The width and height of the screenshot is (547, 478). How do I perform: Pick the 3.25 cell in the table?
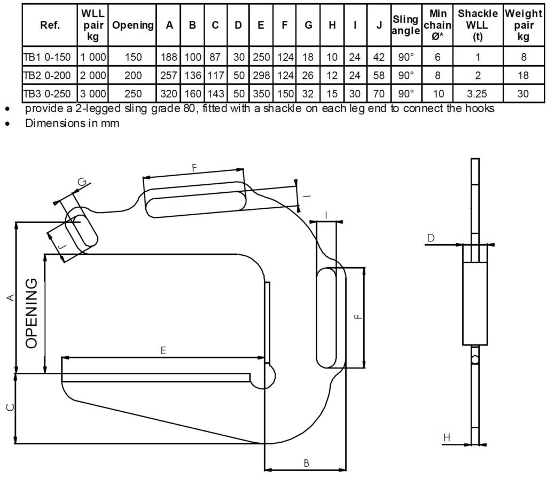click(x=477, y=94)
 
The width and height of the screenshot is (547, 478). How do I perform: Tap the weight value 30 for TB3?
click(x=523, y=94)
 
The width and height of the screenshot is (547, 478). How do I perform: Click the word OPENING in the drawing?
click(x=32, y=313)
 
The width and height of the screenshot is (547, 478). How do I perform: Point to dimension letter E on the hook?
click(x=163, y=350)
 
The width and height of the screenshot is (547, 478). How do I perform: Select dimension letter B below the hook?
click(x=306, y=463)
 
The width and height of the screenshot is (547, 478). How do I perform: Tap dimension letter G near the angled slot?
click(x=82, y=183)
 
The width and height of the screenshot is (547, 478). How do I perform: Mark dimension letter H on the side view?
click(x=448, y=437)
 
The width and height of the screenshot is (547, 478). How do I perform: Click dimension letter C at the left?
click(x=9, y=408)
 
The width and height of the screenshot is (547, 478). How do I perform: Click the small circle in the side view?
click(x=475, y=360)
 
